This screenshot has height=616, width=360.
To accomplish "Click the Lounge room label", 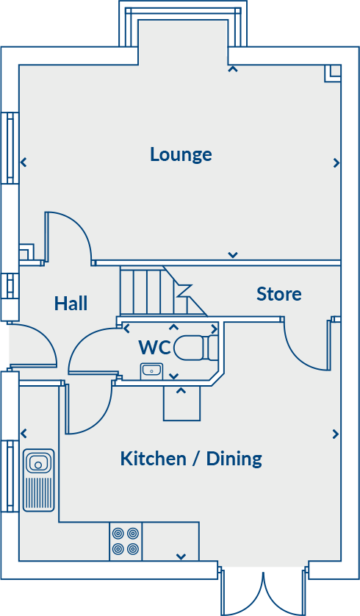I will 181,154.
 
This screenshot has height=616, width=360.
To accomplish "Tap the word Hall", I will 71,303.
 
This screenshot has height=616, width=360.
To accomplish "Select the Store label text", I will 278,294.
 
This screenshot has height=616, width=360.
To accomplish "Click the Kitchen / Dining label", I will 191,459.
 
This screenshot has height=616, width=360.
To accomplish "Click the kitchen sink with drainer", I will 38,480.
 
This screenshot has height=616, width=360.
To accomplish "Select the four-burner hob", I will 125,541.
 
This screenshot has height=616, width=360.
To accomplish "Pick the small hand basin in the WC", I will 152,370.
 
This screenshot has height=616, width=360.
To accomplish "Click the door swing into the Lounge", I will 71,235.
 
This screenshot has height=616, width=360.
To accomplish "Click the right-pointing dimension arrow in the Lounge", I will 336,162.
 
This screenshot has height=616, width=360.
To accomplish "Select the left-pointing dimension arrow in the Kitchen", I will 24,433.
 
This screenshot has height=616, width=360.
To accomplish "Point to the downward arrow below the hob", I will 181,556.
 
